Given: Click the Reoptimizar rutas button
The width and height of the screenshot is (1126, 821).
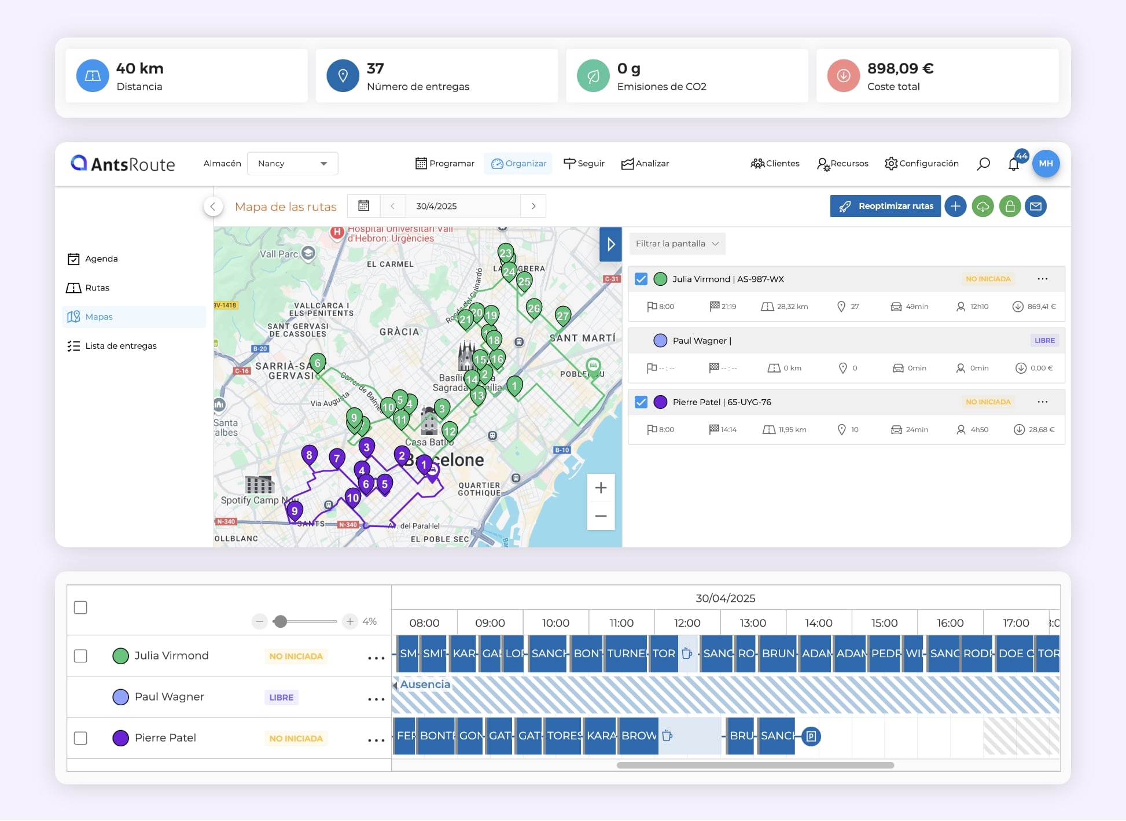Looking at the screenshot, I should (x=885, y=206).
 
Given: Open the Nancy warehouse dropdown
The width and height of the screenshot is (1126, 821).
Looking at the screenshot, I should (x=292, y=164).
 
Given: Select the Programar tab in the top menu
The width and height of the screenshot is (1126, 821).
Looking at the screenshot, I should (x=444, y=164).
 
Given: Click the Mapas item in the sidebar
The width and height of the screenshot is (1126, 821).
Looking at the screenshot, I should (x=99, y=317).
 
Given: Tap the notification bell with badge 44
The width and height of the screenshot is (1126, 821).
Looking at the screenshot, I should (x=1013, y=164).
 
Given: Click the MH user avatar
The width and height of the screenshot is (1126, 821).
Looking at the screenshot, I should (x=1045, y=164).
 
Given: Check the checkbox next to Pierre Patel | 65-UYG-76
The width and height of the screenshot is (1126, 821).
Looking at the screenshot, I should (x=641, y=402).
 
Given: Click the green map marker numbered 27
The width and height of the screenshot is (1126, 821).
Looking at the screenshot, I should (x=562, y=315).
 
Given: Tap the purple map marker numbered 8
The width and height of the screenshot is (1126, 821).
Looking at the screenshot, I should (x=309, y=455).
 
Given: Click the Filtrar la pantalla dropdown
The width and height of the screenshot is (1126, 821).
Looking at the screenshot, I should (x=676, y=244).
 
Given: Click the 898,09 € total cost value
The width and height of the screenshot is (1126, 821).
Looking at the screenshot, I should (x=900, y=69).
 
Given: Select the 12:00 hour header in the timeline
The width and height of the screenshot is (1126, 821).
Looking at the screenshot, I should (x=687, y=623).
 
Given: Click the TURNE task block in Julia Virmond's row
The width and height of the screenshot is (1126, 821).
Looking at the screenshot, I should (x=625, y=654).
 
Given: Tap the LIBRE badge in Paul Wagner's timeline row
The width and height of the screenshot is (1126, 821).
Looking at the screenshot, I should (x=281, y=698).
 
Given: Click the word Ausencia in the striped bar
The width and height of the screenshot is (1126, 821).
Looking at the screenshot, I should (x=425, y=684).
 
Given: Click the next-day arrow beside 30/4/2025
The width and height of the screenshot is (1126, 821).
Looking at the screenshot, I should (x=533, y=206).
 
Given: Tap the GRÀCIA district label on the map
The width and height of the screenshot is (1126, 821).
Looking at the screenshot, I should (x=399, y=332).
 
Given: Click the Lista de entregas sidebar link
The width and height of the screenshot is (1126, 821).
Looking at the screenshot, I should (x=120, y=346).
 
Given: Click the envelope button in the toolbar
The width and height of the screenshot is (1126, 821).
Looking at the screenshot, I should (x=1035, y=206).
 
